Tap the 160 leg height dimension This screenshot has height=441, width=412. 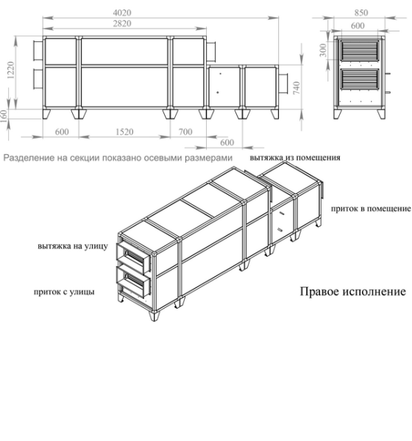(x=6, y=115)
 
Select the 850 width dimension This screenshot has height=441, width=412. (x=361, y=12)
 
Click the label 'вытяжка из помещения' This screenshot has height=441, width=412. (x=294, y=157)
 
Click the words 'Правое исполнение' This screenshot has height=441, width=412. (x=352, y=291)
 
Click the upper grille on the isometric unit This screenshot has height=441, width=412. (x=135, y=254)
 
